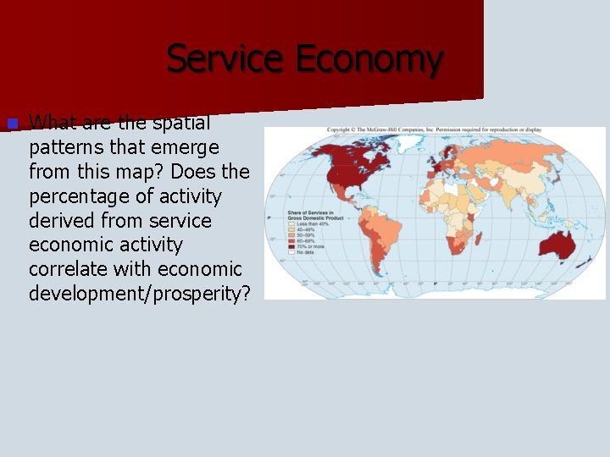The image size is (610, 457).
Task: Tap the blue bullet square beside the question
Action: (x=11, y=124)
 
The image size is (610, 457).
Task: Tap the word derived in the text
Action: (x=64, y=221)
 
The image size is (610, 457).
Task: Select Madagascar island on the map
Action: (x=480, y=240)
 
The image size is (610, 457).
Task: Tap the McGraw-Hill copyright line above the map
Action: (x=434, y=129)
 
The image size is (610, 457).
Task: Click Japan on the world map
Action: (x=561, y=182)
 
